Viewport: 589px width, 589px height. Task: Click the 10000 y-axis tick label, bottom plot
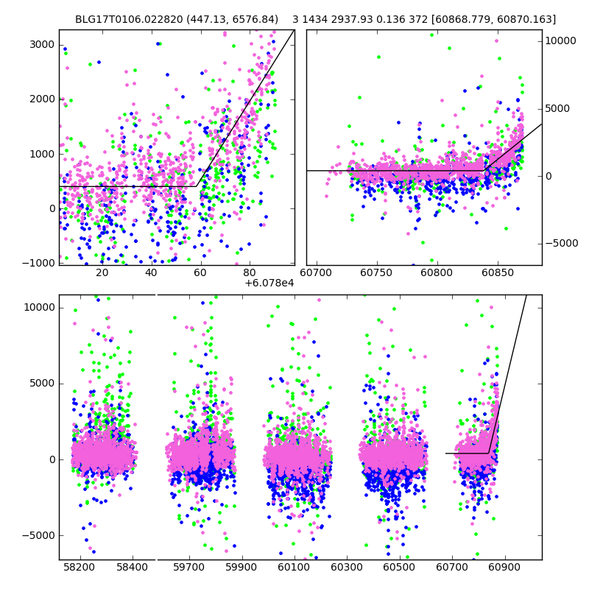click(39, 307)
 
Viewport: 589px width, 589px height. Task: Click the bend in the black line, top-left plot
click(197, 186)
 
